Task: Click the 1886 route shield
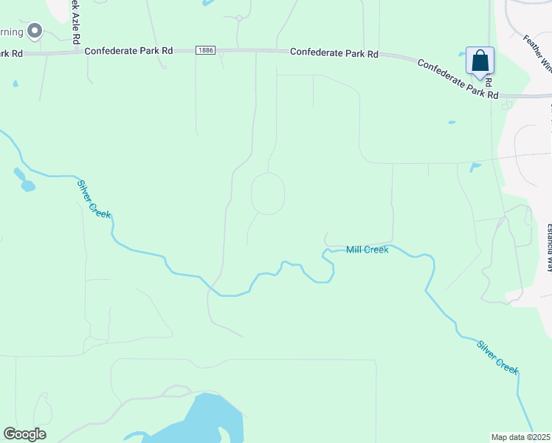[205, 50]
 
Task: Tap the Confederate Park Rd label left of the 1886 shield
[128, 51]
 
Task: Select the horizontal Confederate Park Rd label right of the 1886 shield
[334, 53]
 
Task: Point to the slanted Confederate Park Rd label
[458, 79]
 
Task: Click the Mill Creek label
[367, 250]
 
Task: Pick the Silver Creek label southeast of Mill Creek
[497, 356]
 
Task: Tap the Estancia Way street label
[548, 247]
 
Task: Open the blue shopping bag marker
[480, 61]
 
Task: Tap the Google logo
[24, 434]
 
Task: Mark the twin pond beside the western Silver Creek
[24, 180]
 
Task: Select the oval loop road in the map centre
[268, 193]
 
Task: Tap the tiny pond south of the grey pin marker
[15, 83]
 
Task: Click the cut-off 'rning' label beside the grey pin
[11, 32]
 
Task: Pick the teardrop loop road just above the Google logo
[43, 408]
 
